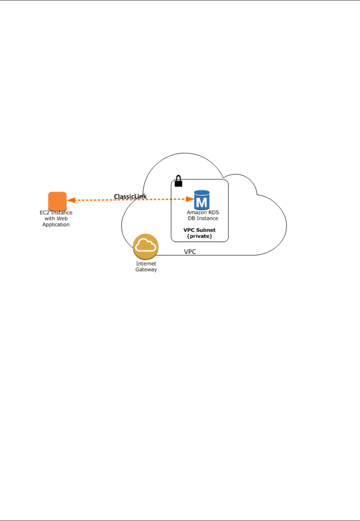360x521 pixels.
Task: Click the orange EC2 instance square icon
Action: (57, 201)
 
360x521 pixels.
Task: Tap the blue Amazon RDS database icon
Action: (202, 200)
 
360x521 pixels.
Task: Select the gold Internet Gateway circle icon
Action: (146, 246)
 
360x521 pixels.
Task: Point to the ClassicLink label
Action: (130, 196)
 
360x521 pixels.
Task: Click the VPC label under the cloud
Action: (190, 252)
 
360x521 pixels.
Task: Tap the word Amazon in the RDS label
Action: (197, 212)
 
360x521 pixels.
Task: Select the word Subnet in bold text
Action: (207, 230)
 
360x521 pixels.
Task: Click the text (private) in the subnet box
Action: (200, 236)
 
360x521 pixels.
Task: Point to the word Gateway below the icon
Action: (146, 270)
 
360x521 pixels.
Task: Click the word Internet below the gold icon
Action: (146, 264)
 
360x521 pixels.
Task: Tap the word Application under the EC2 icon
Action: (56, 225)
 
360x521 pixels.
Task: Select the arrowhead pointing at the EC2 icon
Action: (71, 200)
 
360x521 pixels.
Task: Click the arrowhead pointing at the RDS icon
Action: (190, 199)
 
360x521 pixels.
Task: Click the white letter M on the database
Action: (202, 202)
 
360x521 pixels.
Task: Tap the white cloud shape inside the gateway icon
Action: (146, 245)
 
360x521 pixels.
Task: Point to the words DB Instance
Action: (203, 219)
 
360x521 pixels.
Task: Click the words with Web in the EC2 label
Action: (56, 219)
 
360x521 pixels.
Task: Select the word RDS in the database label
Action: (213, 212)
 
